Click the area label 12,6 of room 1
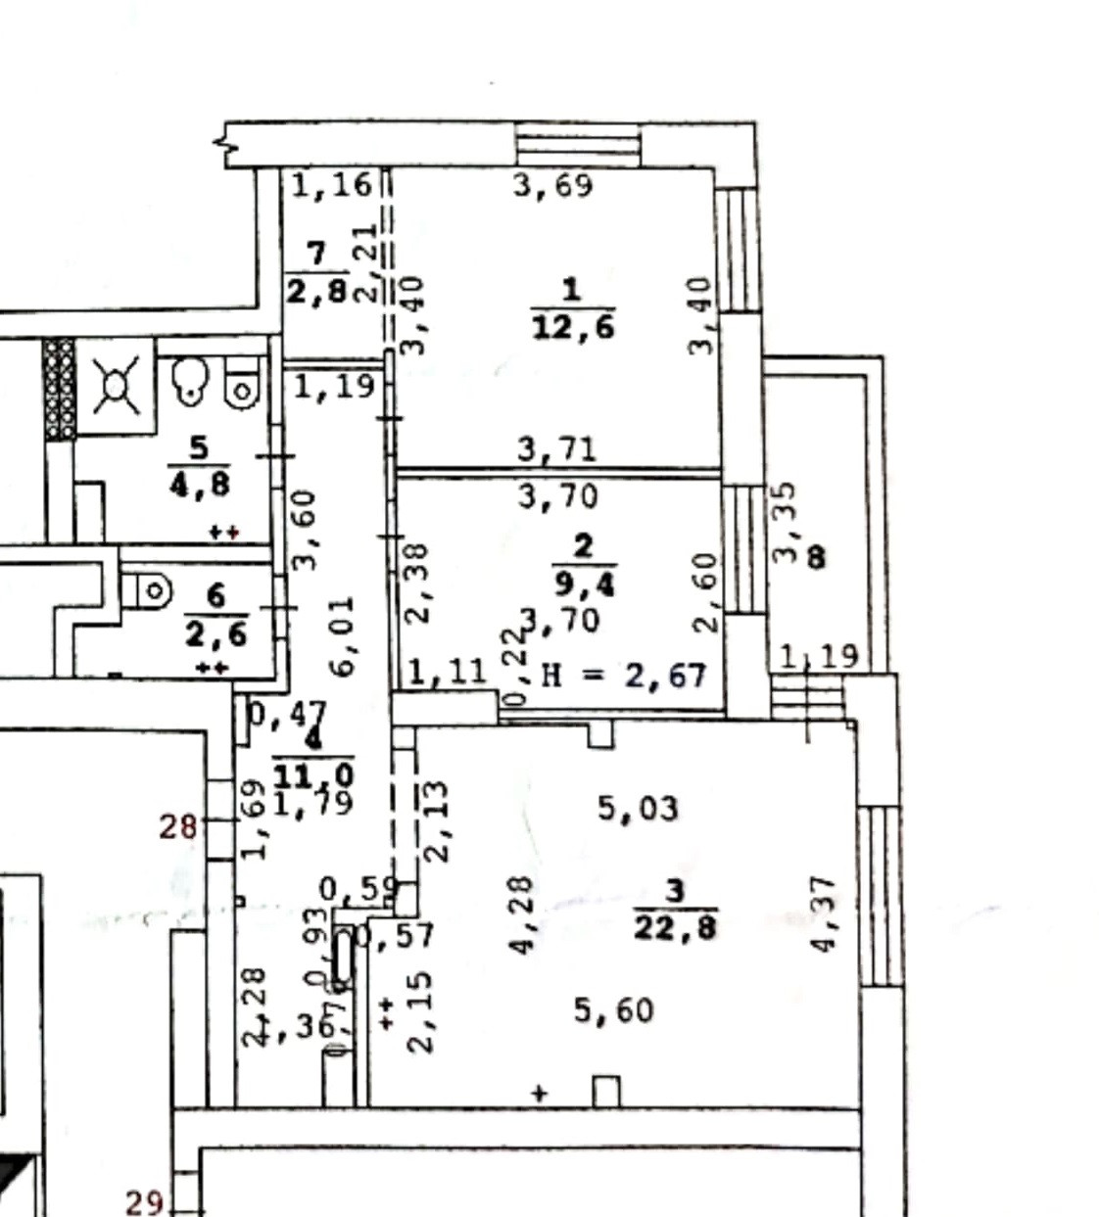tap(573, 325)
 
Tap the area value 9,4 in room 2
tap(584, 585)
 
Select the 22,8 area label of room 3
tap(675, 925)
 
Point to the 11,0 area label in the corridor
tap(313, 776)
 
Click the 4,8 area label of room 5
tap(199, 483)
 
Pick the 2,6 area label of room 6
tap(215, 632)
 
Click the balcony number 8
tap(816, 558)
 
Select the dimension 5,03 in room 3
tap(638, 809)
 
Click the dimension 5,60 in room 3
tap(613, 1009)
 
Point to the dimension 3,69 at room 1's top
tap(553, 184)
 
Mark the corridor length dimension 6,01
tap(343, 635)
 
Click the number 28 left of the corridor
tap(178, 827)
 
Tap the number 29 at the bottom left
tap(144, 1201)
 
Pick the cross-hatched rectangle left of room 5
tap(59, 389)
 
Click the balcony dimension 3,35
tap(786, 522)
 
